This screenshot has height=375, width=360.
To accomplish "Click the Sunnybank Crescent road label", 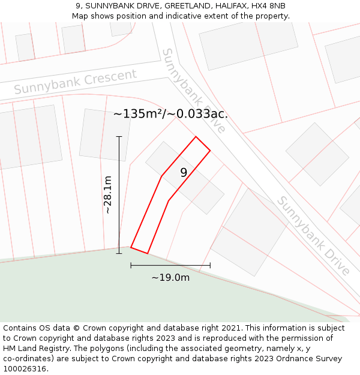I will coord(75,82).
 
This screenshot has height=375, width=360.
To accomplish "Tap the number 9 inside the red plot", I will coord(184,173).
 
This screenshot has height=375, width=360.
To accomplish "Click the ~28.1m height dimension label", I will coord(108,194).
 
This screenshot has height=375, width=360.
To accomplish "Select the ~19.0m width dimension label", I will coord(170,277).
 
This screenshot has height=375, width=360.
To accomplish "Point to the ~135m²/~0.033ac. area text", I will coord(170,113).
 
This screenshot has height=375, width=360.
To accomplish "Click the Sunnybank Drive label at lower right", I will coord(313,235).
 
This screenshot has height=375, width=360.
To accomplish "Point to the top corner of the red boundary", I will coord(196,137).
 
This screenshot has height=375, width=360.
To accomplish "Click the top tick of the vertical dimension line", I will coord(119,137).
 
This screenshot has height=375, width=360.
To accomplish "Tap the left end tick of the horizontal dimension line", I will coord(131,265).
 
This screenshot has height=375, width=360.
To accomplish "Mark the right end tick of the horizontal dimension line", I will coord(210,265).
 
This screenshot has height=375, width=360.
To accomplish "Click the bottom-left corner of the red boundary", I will coord(131,247).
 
